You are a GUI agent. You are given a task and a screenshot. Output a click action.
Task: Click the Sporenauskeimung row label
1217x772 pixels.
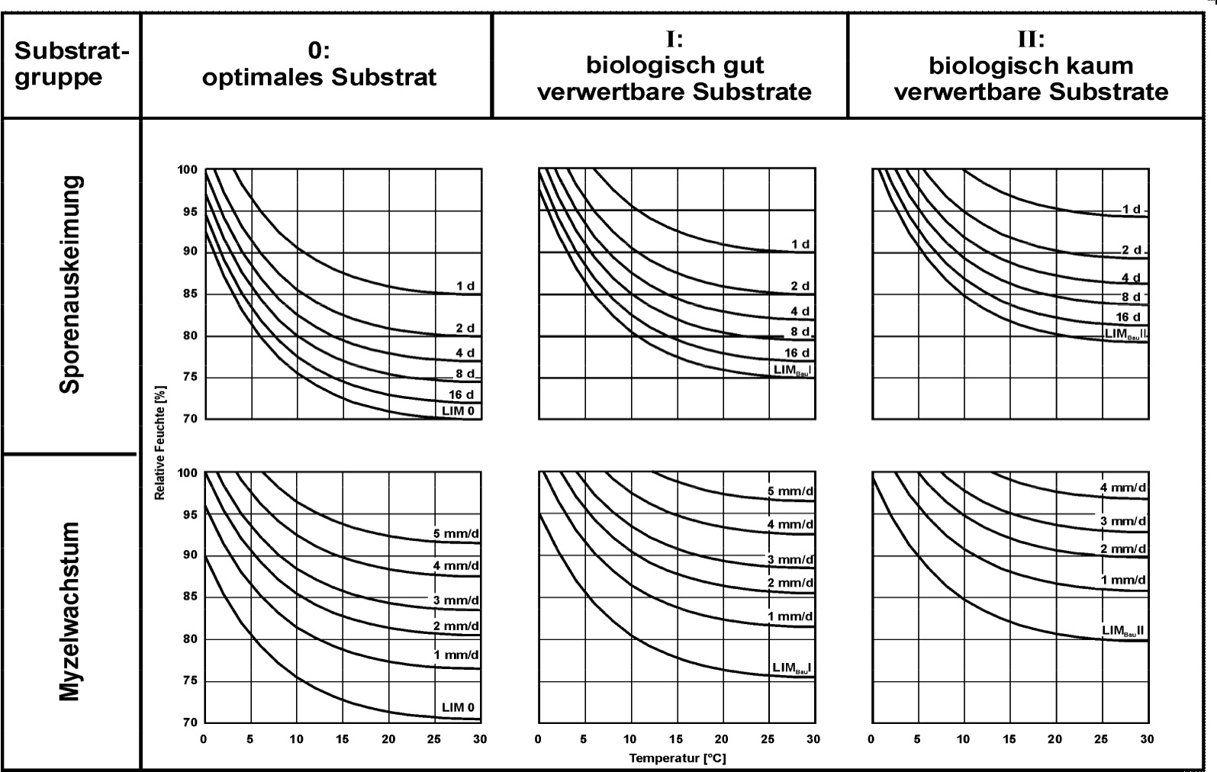pos(70,284)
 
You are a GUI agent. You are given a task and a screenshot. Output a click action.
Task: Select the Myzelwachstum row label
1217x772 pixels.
pos(70,611)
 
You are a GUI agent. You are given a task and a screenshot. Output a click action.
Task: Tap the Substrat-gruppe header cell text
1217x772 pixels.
pos(72,65)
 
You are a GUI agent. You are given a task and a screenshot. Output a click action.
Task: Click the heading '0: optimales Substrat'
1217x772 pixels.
pos(319,65)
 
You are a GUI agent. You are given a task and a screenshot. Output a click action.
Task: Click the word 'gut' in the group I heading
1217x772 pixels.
pos(742,66)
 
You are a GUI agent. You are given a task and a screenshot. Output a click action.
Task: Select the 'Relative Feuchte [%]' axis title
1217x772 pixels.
pos(159,442)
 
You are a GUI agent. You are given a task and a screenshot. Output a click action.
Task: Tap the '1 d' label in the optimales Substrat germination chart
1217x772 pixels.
pos(465,286)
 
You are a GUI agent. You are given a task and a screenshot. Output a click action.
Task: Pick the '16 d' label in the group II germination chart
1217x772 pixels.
pos(1128,317)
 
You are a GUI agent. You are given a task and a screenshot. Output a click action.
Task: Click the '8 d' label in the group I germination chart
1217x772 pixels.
pos(800,332)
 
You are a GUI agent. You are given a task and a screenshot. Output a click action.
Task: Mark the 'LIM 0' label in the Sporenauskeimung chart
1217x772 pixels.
pos(459,411)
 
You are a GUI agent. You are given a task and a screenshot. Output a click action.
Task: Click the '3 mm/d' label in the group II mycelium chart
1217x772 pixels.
pos(1122,522)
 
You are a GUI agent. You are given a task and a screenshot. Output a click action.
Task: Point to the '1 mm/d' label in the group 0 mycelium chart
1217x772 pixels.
pos(456,655)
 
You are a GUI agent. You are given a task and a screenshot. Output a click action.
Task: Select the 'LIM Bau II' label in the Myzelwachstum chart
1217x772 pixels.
pos(1123,631)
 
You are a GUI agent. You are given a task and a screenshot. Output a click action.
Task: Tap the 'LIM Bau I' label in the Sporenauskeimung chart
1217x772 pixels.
pos(792,369)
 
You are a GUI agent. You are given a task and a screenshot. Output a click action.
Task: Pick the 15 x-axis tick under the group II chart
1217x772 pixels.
pos(1009,739)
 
